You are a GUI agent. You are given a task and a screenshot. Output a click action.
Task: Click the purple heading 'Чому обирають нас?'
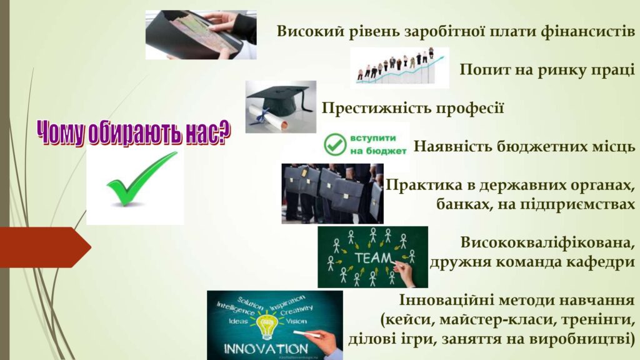click(x=134, y=132)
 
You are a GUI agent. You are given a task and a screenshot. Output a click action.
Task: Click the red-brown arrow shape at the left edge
click(x=45, y=247)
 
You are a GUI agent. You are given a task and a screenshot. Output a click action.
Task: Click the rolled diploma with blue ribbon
click(x=267, y=116)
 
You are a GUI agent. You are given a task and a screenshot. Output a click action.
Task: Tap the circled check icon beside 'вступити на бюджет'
click(x=335, y=144)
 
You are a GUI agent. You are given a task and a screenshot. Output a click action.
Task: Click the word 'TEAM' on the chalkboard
click(x=373, y=258)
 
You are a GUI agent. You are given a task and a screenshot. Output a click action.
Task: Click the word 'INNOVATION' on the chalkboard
click(x=266, y=349)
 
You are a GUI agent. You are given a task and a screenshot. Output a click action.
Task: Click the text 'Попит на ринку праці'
click(x=547, y=70)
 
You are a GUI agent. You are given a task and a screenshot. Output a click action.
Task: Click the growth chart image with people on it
click(x=399, y=67)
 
